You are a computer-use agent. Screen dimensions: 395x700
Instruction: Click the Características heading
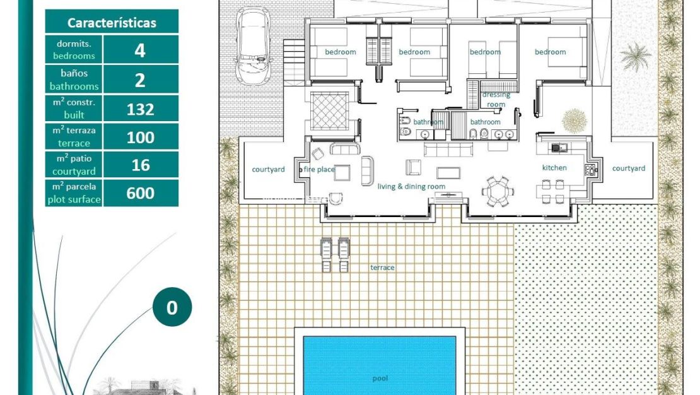112,23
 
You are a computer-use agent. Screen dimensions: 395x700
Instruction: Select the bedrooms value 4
140,50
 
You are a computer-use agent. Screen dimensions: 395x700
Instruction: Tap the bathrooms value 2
140,80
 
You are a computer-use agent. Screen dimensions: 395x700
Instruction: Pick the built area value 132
140,109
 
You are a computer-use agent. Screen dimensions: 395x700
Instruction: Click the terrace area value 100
140,138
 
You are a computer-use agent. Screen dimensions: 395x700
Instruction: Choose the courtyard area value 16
140,165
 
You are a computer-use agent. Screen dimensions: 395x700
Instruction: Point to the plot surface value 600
140,193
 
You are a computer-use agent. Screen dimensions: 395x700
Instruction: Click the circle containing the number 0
172,308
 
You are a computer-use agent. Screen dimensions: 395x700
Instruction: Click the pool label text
380,379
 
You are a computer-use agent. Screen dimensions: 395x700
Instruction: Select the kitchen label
554,168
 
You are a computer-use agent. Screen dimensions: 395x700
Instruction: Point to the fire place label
318,169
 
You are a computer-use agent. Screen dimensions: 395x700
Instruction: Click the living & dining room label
411,186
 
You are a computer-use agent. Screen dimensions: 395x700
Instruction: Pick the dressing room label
496,100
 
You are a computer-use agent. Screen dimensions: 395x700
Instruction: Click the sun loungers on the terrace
335,255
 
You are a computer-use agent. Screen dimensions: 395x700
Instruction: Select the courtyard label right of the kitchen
628,168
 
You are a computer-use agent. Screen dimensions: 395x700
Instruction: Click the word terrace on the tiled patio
382,268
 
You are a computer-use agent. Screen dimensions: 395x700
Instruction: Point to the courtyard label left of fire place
268,169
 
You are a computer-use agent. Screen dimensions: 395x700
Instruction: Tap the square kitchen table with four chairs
552,191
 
